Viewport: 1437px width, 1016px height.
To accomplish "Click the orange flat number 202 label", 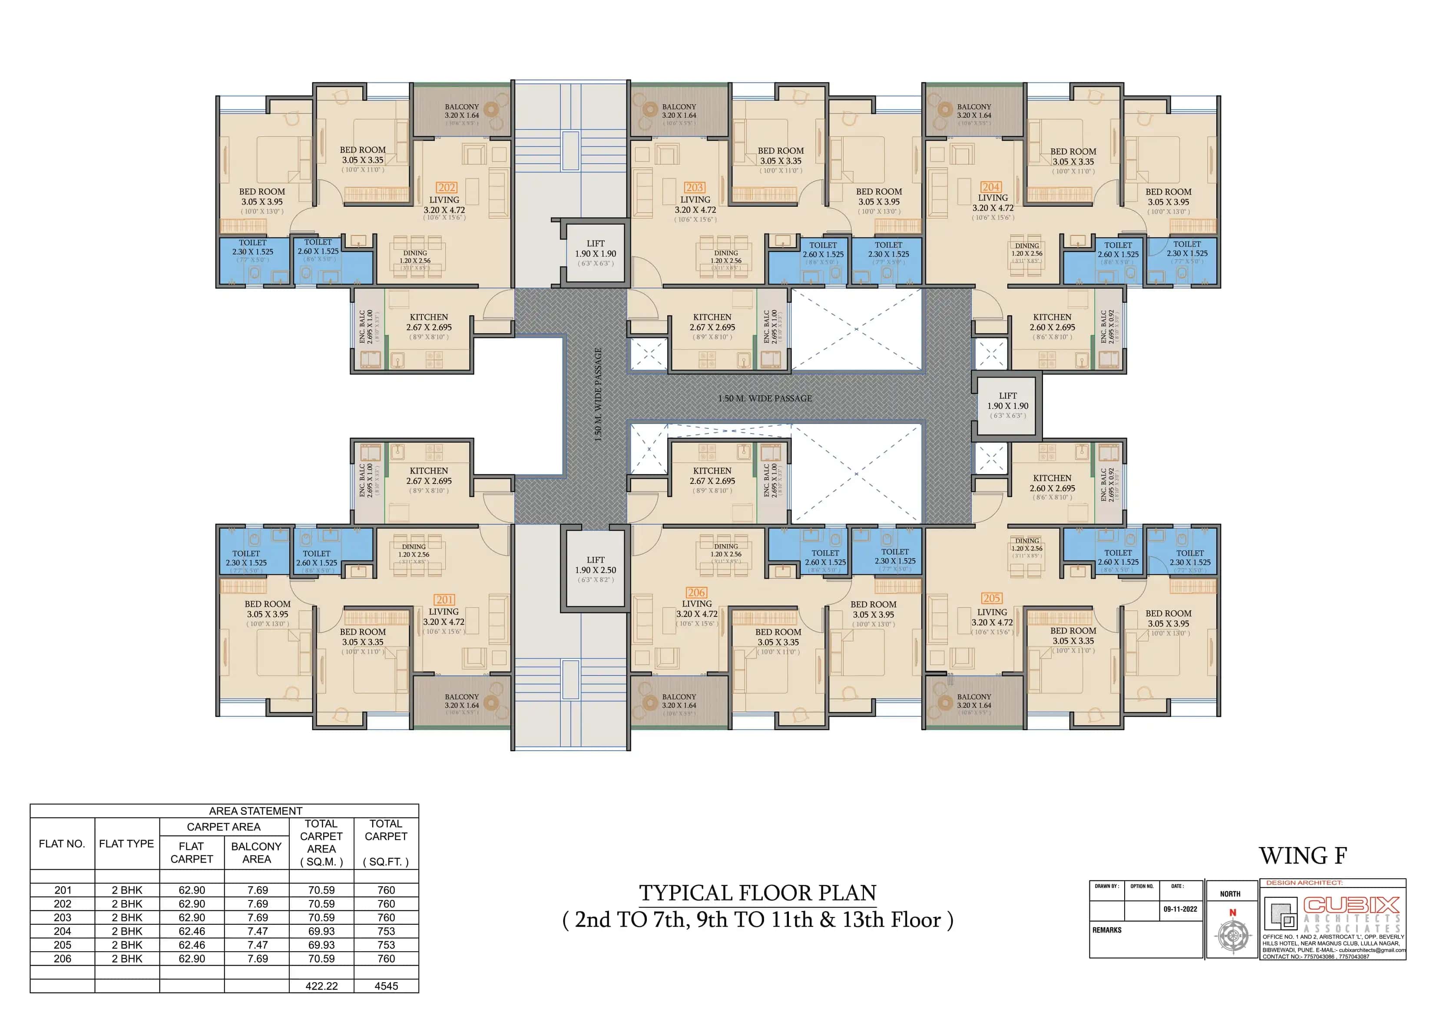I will (x=446, y=187).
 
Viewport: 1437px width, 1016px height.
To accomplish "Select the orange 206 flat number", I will (x=696, y=592).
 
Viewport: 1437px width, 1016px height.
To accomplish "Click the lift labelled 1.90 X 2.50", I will (x=595, y=569).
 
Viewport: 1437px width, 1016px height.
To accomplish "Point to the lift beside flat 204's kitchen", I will (x=1008, y=405).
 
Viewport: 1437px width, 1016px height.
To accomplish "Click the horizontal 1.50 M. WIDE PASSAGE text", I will (x=765, y=398).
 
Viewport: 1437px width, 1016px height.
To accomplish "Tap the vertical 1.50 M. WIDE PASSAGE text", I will (x=598, y=395).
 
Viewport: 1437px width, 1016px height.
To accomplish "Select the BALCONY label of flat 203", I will (x=679, y=107).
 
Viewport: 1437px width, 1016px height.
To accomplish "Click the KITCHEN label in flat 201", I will (x=429, y=471).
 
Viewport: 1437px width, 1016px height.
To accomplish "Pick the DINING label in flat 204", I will (x=1026, y=246).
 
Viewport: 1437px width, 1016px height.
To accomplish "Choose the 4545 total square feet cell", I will (x=386, y=986).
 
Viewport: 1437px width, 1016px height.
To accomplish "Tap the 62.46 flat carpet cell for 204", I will (x=192, y=931).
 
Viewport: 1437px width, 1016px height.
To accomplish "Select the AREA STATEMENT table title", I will (x=255, y=811).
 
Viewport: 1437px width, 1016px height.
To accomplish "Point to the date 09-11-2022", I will (x=1180, y=909).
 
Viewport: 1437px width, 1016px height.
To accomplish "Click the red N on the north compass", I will (x=1232, y=913).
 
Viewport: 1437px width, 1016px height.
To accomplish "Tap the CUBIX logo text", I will (x=1351, y=905).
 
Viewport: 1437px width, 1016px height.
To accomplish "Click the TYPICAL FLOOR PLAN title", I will (x=757, y=893).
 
